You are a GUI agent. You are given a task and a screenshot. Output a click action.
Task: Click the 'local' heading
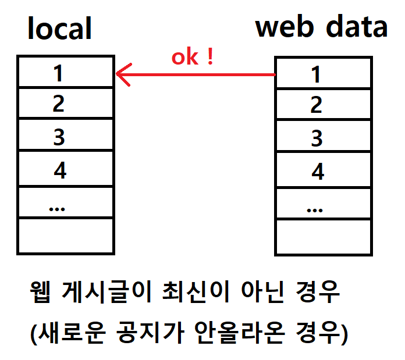(60, 28)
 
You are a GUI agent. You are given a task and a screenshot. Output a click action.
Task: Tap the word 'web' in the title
(285, 26)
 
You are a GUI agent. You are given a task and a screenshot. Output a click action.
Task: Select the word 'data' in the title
(357, 26)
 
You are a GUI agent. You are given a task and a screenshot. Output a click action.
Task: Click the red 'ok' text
(185, 57)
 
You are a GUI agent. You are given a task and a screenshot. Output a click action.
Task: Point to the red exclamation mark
(211, 56)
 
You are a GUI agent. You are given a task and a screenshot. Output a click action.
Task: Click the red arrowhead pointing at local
(124, 74)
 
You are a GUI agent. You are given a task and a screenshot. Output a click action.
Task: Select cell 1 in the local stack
(66, 72)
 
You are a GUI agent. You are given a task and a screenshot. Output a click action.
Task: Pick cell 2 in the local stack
(66, 103)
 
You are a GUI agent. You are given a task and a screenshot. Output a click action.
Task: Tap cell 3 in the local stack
(66, 134)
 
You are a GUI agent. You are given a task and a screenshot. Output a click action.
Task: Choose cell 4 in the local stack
(66, 169)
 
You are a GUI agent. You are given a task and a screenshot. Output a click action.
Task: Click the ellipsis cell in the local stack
(66, 202)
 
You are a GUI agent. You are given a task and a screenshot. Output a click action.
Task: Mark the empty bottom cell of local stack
(66, 236)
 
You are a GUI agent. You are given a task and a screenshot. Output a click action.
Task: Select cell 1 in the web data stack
(324, 73)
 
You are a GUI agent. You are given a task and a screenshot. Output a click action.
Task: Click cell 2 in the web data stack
(324, 104)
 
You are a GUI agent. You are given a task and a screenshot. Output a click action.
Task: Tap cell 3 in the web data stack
(324, 136)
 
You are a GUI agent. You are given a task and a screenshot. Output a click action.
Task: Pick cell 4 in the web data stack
(324, 170)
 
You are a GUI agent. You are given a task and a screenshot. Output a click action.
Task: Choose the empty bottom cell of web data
(324, 237)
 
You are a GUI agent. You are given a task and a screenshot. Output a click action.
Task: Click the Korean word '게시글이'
(106, 292)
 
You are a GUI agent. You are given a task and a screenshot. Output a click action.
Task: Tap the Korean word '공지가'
(150, 333)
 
